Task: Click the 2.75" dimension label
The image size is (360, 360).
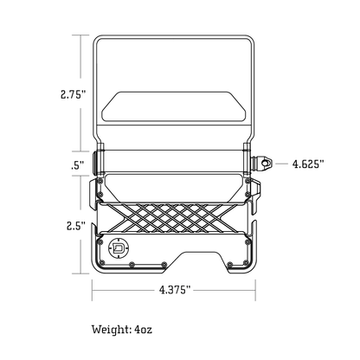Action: pyautogui.click(x=74, y=94)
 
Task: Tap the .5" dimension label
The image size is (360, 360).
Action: pyautogui.click(x=77, y=165)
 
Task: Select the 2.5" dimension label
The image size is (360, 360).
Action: pyautogui.click(x=76, y=226)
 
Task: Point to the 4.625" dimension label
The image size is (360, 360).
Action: pyautogui.click(x=308, y=164)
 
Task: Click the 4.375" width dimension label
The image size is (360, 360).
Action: pyautogui.click(x=175, y=290)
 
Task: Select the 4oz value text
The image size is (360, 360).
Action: pyautogui.click(x=143, y=330)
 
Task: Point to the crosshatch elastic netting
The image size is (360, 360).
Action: pyautogui.click(x=172, y=218)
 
